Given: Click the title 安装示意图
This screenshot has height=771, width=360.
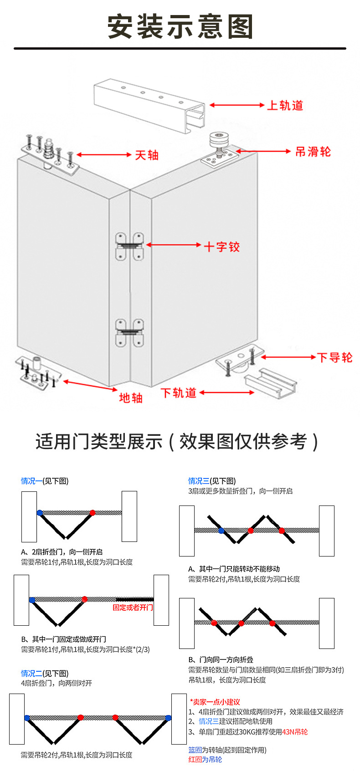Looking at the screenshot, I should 180,26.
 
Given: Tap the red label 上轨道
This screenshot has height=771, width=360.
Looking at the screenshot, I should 285,106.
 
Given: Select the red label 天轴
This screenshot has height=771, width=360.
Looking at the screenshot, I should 147,155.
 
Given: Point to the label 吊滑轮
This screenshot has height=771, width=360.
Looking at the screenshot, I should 313,152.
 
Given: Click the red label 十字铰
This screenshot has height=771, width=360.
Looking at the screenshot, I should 221,247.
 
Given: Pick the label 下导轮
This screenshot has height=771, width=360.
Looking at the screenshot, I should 334,357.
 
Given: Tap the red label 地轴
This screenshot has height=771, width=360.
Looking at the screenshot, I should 131,398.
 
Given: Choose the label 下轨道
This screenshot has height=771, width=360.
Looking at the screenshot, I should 179,393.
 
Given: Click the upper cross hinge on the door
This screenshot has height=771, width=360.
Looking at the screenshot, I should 129,246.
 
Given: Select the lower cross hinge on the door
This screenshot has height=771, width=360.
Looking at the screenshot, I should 129,332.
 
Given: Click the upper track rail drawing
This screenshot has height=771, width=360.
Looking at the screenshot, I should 150,105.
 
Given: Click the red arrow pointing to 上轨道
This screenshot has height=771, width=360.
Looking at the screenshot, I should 237,105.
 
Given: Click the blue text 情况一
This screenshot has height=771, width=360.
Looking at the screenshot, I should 31,481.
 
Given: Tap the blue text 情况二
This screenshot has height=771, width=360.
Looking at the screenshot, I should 31,673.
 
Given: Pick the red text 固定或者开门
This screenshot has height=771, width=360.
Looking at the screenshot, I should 133,608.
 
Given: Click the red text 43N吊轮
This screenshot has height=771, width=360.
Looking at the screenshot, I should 295,732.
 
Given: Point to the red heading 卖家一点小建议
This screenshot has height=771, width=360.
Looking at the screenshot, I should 215,702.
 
